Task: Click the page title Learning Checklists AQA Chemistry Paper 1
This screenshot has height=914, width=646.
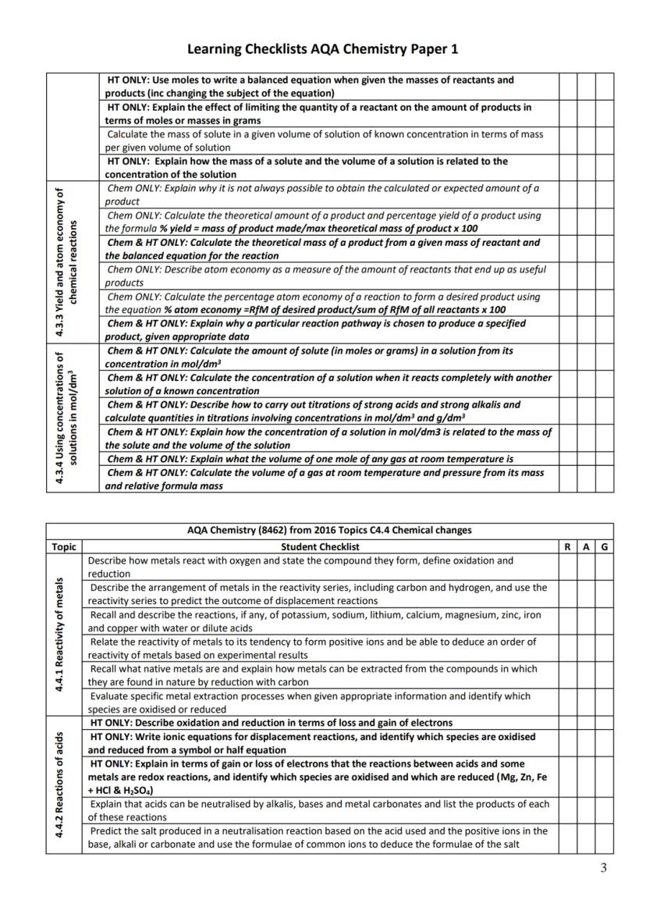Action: pyautogui.click(x=323, y=49)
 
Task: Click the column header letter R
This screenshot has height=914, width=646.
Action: pyautogui.click(x=566, y=547)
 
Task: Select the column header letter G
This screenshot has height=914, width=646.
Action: pyautogui.click(x=604, y=547)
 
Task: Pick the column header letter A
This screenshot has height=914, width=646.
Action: pyautogui.click(x=585, y=547)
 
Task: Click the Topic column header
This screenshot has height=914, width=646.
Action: pyautogui.click(x=63, y=547)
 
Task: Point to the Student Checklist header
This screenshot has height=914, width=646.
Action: pyautogui.click(x=320, y=547)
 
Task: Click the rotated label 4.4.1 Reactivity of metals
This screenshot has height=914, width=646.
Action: pyautogui.click(x=64, y=635)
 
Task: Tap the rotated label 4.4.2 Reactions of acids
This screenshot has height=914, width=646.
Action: pyautogui.click(x=64, y=784)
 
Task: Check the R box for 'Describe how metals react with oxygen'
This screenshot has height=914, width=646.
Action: pyautogui.click(x=566, y=567)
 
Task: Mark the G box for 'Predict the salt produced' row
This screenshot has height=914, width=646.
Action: pyautogui.click(x=604, y=838)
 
